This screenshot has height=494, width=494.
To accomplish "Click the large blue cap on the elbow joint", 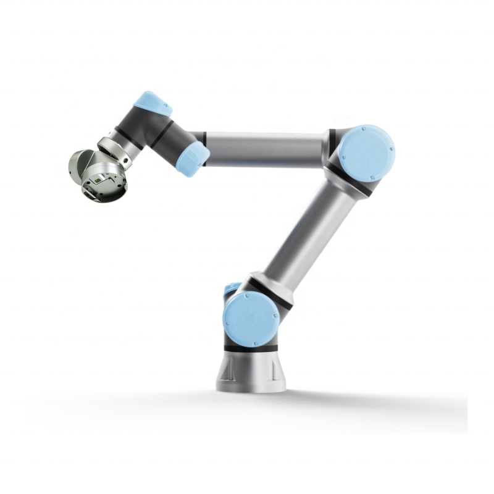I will pos(367,153).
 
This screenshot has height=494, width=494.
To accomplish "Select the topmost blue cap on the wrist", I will pos(153,103).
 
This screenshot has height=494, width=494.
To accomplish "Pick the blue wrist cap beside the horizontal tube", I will pos(193,159).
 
